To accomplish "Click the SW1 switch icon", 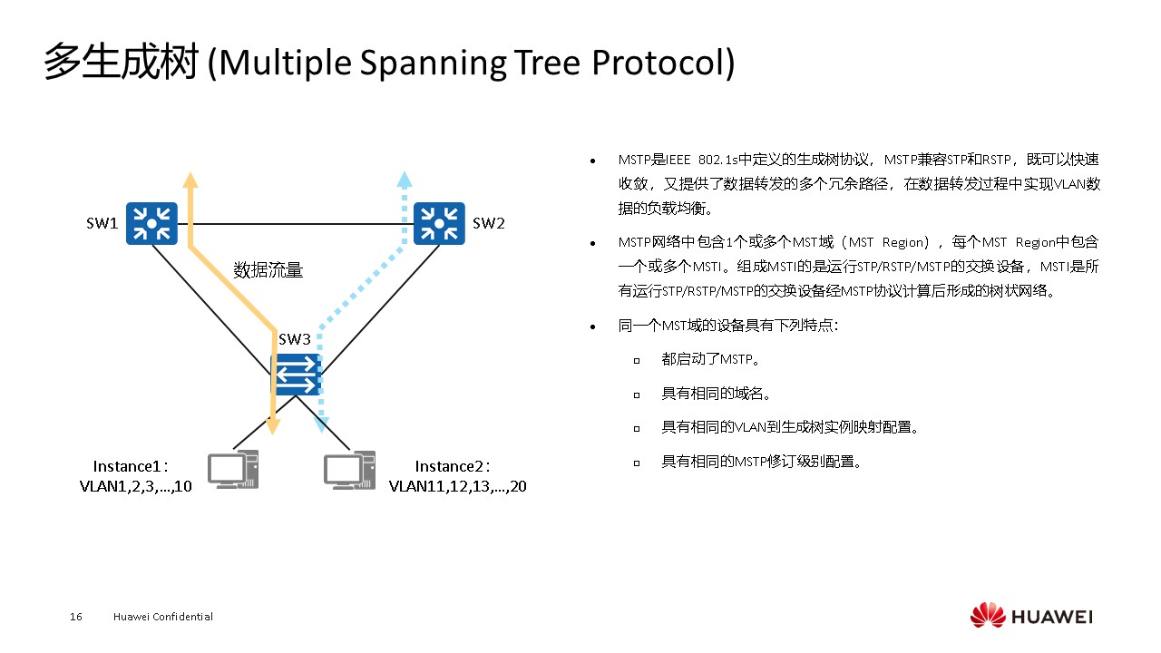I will (151, 223).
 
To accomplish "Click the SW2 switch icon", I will (439, 223).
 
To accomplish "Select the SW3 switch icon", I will (297, 374).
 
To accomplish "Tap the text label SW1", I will (102, 224).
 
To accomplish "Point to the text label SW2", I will (488, 224).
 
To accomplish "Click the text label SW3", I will (294, 340).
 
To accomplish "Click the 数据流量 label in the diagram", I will (268, 269).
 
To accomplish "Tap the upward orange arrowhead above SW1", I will (190, 179).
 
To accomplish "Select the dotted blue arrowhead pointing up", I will (405, 179).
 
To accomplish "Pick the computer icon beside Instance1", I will (233, 469).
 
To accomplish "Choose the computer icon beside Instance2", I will (350, 469).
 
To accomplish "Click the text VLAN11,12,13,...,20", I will (458, 486).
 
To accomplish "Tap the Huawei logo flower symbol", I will (988, 616).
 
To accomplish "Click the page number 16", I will (76, 617).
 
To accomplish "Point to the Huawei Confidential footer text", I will (163, 617).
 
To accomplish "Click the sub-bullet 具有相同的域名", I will (716, 394).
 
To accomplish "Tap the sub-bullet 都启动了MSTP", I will (709, 359).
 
